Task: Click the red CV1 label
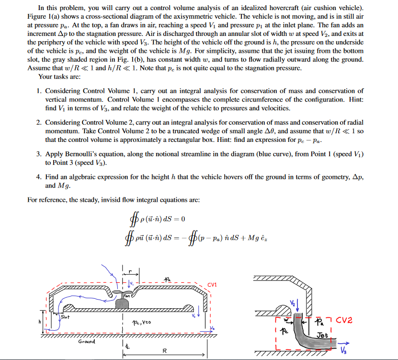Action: [213, 284]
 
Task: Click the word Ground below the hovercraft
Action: [87, 342]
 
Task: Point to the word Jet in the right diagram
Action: [321, 335]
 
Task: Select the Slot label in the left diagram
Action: [65, 317]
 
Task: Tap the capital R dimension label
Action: [164, 351]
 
